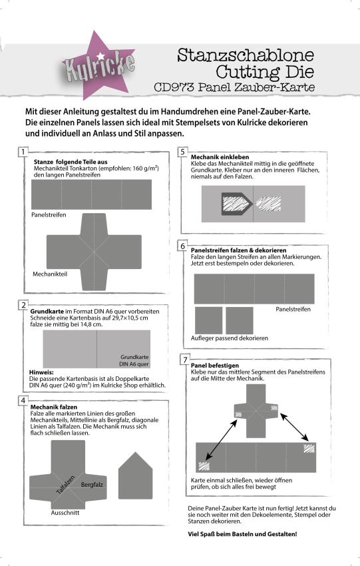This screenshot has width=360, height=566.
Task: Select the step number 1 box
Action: (24, 151)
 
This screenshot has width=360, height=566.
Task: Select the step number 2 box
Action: (24, 305)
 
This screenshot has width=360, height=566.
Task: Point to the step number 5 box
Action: (183, 152)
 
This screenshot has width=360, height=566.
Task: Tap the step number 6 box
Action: (183, 246)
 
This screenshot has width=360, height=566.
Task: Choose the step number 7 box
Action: (184, 360)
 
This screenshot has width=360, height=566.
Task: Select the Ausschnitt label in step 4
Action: (65, 513)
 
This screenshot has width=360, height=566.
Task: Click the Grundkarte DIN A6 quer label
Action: (134, 360)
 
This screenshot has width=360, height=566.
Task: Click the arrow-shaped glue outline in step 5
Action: (230, 201)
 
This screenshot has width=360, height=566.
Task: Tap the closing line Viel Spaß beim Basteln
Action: (242, 535)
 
